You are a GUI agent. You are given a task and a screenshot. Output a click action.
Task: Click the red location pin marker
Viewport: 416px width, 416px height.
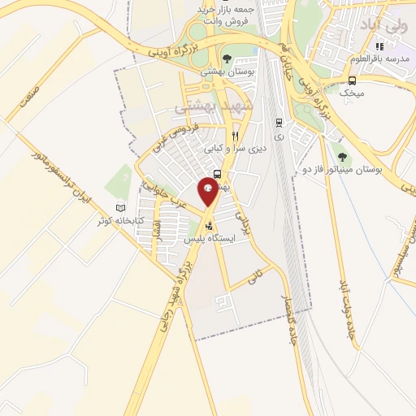click(x=209, y=190)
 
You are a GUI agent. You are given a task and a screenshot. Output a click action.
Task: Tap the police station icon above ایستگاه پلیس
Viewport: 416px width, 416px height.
click(x=210, y=227)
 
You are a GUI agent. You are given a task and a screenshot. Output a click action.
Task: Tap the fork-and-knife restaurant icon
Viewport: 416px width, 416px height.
click(x=235, y=136)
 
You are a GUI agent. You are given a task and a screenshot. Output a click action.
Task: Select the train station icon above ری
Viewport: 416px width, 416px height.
click(x=279, y=123)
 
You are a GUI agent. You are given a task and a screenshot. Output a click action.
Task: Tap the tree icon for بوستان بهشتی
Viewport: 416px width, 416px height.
click(x=227, y=58)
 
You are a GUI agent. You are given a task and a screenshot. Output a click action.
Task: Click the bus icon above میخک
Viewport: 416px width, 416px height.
click(x=352, y=80)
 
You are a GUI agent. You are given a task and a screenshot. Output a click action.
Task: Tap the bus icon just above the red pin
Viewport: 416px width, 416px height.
click(x=218, y=174)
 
